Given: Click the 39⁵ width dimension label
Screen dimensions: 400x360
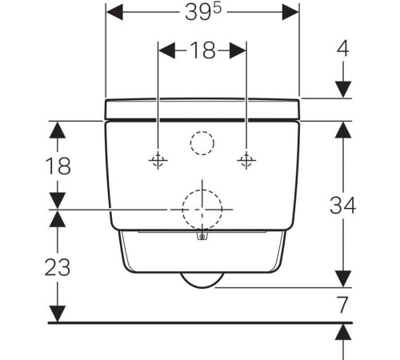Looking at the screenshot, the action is [x=203, y=12].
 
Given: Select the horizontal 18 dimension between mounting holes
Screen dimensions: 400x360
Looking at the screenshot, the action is [x=203, y=50].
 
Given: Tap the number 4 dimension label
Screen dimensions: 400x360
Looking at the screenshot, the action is [x=343, y=49].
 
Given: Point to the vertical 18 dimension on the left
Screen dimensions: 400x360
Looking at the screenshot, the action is [x=58, y=166].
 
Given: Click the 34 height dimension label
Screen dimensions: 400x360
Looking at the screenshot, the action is [x=343, y=206].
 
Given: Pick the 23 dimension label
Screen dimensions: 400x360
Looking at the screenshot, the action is [x=58, y=267].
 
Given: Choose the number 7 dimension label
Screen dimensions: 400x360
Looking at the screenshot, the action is [x=343, y=305].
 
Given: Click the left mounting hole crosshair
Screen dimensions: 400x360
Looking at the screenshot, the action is [x=158, y=160].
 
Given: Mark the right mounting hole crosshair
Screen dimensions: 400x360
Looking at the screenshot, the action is [x=246, y=160].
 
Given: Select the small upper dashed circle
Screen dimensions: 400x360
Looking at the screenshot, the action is [x=202, y=131].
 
